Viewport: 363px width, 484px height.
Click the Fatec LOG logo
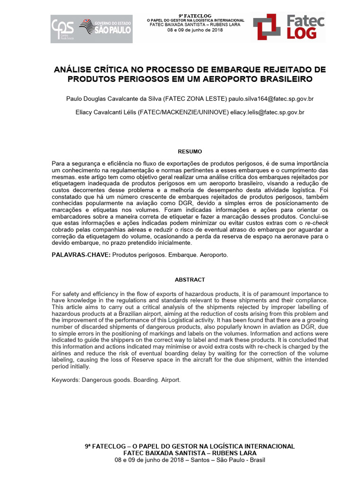288,27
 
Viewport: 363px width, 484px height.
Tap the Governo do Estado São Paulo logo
105,29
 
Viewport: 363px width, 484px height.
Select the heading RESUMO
190,152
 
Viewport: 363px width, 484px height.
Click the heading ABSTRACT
190,280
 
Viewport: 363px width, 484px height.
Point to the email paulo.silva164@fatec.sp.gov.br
271,99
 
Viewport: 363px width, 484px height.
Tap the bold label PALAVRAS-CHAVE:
81,255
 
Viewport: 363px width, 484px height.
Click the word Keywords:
65,380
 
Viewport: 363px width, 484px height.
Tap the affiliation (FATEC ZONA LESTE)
195,99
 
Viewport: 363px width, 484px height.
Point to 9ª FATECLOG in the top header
196,16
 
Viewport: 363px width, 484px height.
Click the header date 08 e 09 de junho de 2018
196,30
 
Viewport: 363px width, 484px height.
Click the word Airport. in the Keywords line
171,380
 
